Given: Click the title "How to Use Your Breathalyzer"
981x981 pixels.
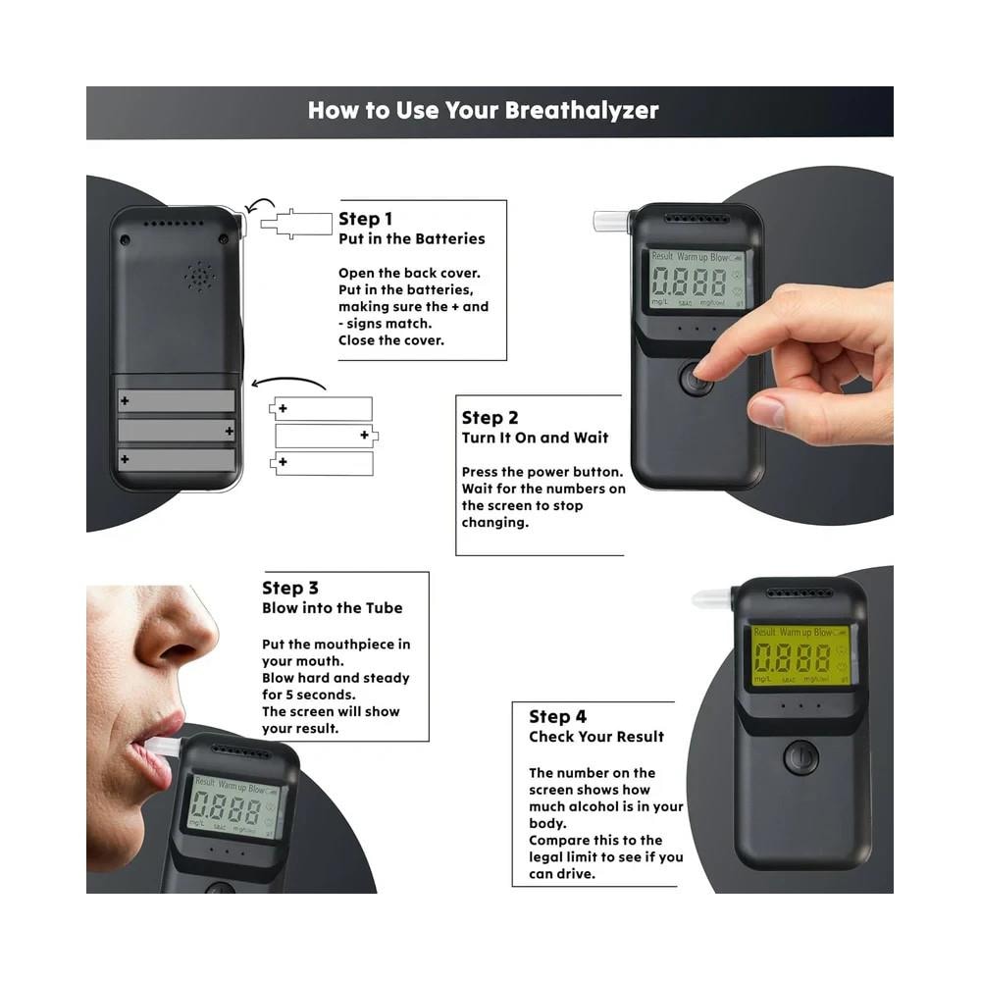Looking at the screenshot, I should tap(483, 110).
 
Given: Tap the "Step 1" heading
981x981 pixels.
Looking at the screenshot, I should tap(365, 219).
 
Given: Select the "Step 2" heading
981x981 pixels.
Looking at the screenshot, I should tap(490, 418).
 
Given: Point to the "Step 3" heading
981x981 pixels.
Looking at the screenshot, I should tap(289, 588).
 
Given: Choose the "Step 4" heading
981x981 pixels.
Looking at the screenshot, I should tap(557, 717).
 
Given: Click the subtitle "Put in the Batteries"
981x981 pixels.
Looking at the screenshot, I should tap(411, 238).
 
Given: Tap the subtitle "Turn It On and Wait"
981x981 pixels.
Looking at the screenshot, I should tap(535, 438).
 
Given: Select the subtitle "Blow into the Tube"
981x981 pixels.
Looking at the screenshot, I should tap(332, 608).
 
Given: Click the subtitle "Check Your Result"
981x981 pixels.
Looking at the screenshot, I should tap(596, 737).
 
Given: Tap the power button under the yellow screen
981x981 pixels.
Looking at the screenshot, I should tap(801, 758).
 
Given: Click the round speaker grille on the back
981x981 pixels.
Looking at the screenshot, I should tap(199, 277).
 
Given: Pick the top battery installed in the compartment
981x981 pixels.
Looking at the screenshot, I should tap(177, 400).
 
